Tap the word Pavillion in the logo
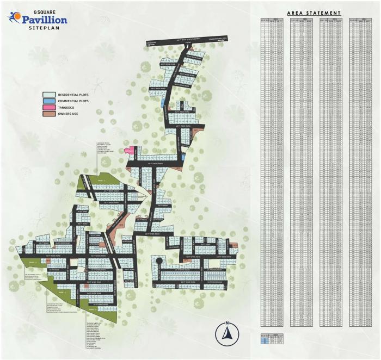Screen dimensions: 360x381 45,20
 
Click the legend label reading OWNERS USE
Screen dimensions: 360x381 70,114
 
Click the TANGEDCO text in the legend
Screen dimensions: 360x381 68,108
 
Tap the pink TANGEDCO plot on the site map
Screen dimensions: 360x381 130,150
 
